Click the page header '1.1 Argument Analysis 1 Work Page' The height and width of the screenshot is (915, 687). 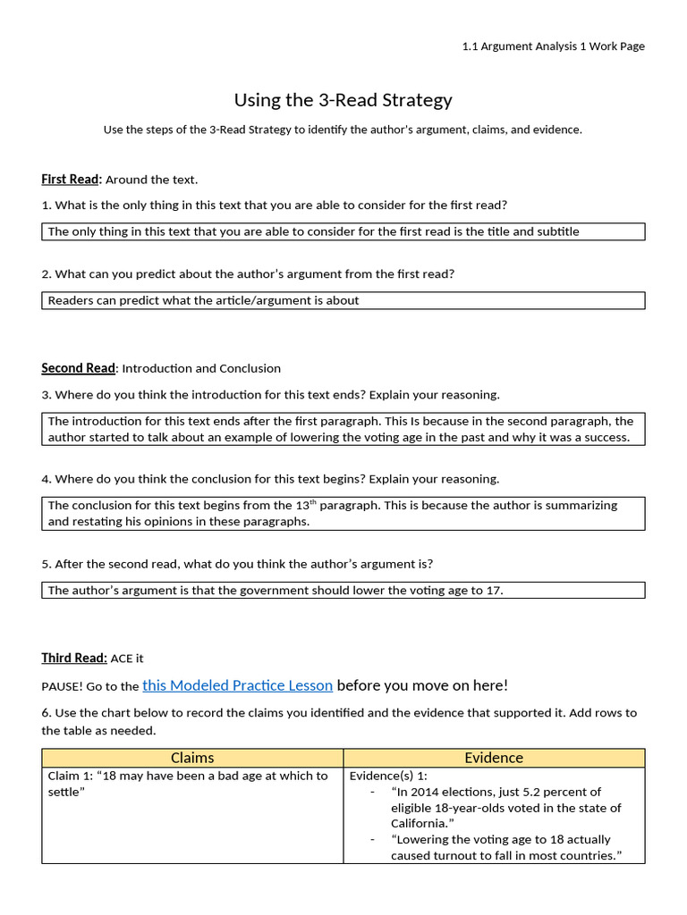pyautogui.click(x=553, y=46)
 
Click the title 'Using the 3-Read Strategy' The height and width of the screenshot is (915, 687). pyautogui.click(x=343, y=99)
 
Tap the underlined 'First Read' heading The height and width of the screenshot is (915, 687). pyautogui.click(x=72, y=180)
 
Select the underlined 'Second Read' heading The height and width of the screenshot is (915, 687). pyautogui.click(x=78, y=368)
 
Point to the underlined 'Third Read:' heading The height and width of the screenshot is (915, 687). pyautogui.click(x=74, y=659)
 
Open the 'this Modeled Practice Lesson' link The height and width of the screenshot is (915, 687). pyautogui.click(x=237, y=685)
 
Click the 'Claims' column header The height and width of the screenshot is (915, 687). pyautogui.click(x=192, y=758)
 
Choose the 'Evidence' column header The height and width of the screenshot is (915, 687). pyautogui.click(x=494, y=758)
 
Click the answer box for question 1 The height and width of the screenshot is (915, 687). pyautogui.click(x=343, y=231)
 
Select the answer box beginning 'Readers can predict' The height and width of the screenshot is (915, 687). pyautogui.click(x=343, y=300)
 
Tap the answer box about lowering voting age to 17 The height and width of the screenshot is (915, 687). pyautogui.click(x=343, y=590)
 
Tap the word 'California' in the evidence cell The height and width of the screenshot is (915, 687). pyautogui.click(x=415, y=824)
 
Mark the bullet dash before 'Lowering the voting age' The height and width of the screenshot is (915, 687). pyautogui.click(x=372, y=840)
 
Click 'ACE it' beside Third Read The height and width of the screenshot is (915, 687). pyautogui.click(x=127, y=659)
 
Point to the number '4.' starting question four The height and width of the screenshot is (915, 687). pyautogui.click(x=47, y=479)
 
